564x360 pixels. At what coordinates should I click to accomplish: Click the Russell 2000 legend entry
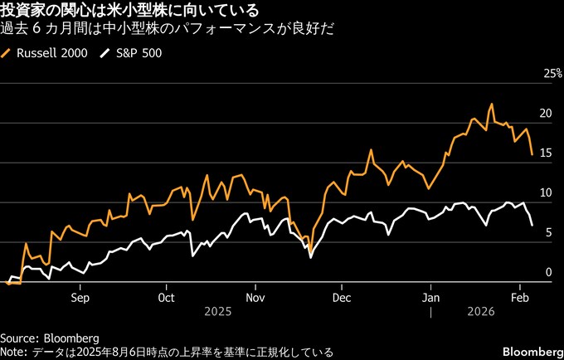(x=50, y=53)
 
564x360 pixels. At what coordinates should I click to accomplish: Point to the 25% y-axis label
(x=552, y=74)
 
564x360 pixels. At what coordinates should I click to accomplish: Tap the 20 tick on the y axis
(x=546, y=114)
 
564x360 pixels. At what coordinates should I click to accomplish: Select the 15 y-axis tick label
(x=546, y=153)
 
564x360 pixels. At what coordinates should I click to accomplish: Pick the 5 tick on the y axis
(x=548, y=233)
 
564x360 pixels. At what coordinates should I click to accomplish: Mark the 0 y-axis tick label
(x=548, y=272)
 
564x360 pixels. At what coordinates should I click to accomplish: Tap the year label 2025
(x=216, y=312)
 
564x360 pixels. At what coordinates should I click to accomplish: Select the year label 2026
(x=480, y=312)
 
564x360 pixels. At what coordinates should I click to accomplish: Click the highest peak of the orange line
(x=491, y=105)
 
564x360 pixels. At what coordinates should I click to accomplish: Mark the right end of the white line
(x=532, y=225)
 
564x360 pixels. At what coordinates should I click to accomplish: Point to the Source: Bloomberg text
(x=50, y=338)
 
